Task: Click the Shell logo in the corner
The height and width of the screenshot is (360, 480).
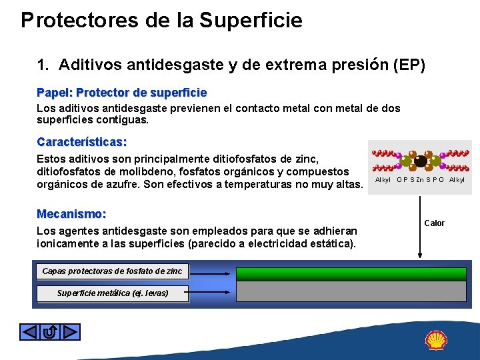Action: (436, 341)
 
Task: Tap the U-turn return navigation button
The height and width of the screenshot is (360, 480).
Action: (50, 331)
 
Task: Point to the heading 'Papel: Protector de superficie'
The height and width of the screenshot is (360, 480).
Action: (121, 92)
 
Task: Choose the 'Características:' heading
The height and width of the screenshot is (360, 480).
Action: (81, 142)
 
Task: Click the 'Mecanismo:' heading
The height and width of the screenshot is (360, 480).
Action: (71, 214)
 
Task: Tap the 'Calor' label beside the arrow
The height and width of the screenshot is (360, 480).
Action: (434, 223)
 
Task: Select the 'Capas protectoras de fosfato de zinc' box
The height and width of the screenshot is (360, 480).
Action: (112, 271)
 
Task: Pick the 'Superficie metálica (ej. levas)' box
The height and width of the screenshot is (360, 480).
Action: (112, 293)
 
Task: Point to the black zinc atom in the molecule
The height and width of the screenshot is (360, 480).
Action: (421, 160)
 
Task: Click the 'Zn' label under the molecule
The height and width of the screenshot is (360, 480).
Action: (421, 179)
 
